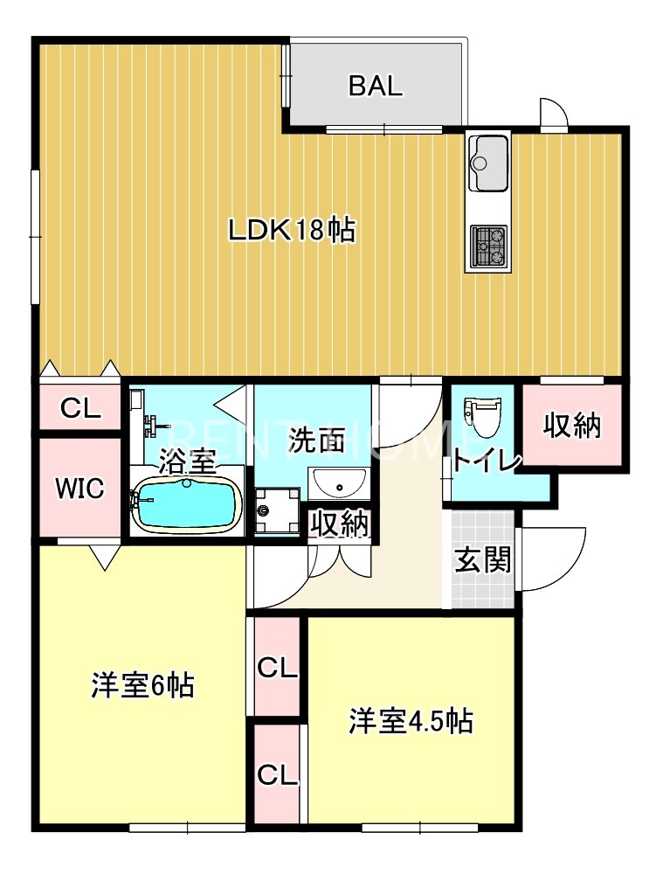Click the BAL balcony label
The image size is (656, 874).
[x=376, y=87]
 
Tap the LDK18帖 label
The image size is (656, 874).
[x=291, y=231]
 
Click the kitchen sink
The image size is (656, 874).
[x=488, y=163]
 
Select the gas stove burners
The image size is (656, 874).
[x=489, y=245]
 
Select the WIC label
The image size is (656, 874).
[x=79, y=489]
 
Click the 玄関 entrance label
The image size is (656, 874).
[x=482, y=560]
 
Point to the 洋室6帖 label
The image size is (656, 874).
[x=142, y=685]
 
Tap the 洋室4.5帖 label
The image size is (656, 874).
[x=411, y=721]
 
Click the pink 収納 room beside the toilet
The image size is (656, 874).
[x=573, y=426]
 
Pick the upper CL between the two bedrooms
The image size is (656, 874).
[x=278, y=669]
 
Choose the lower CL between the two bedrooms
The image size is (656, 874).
[x=278, y=774]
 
